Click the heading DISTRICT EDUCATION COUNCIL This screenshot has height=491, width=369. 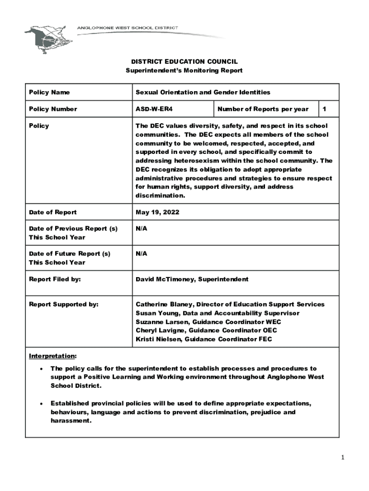pyautogui.click(x=184, y=62)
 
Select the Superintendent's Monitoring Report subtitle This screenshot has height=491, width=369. pyautogui.click(x=184, y=70)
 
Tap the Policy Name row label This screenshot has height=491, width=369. pyautogui.click(x=49, y=92)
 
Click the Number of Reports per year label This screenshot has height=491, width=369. pyautogui.click(x=263, y=109)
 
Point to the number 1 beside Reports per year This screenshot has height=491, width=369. pyautogui.click(x=324, y=109)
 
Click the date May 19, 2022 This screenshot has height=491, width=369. pyautogui.click(x=157, y=212)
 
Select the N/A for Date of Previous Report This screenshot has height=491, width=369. pyautogui.click(x=141, y=228)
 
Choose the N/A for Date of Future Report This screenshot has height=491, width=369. pyautogui.click(x=141, y=253)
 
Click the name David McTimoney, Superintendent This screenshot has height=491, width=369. pyautogui.click(x=192, y=279)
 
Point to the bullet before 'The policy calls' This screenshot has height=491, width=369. pyautogui.click(x=42, y=369)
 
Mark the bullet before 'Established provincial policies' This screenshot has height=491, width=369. pyautogui.click(x=42, y=404)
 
